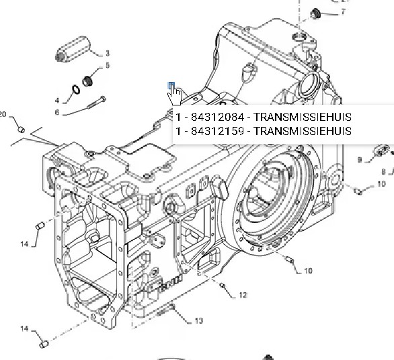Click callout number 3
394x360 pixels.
tap(108, 53)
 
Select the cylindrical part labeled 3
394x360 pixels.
tap(73, 49)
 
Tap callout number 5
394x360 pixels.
tap(108, 65)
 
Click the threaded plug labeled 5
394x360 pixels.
tap(87, 81)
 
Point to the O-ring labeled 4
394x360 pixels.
tap(76, 89)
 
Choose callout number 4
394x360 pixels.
tap(57, 101)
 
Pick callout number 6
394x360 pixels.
tap(57, 112)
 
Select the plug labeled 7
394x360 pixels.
tap(315, 13)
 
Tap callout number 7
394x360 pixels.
tap(344, 12)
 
